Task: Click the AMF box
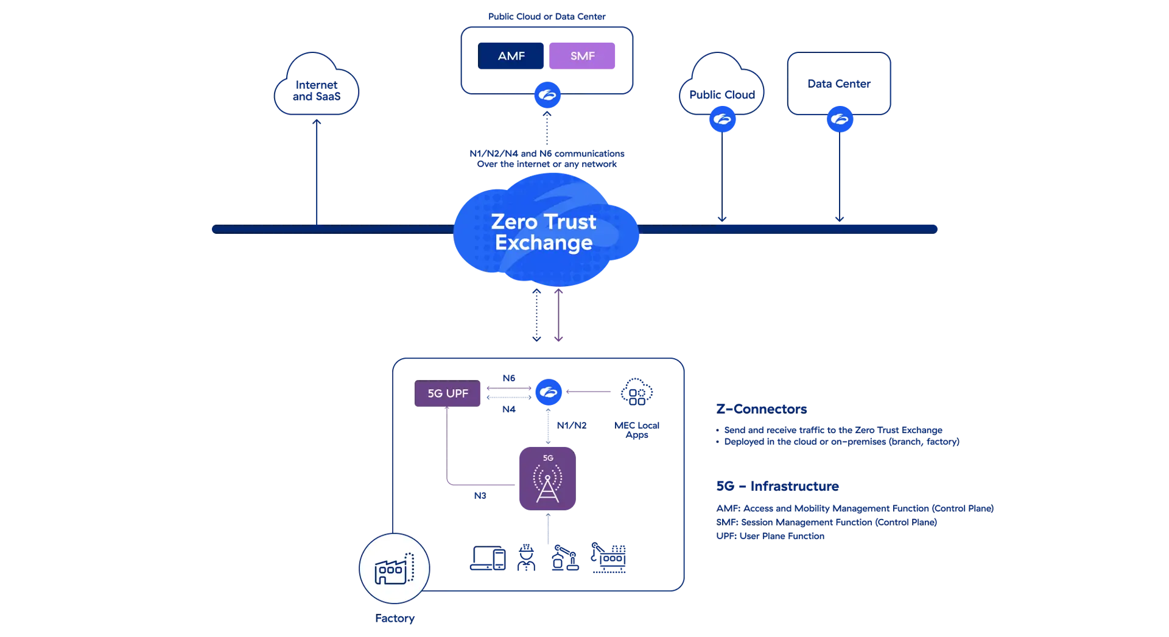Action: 511,56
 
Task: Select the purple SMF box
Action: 582,56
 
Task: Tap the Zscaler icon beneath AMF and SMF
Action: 547,95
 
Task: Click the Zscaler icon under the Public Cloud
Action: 722,119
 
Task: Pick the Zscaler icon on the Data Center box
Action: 839,119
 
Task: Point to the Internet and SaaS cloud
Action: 316,88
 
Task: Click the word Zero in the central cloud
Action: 513,222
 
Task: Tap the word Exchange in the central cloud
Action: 543,243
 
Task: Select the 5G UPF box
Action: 448,394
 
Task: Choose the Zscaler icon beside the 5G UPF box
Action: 548,392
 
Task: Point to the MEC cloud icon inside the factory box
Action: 636,393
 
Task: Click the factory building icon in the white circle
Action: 394,569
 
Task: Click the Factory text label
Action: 395,619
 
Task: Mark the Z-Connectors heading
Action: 762,408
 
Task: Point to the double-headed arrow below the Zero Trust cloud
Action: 537,317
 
